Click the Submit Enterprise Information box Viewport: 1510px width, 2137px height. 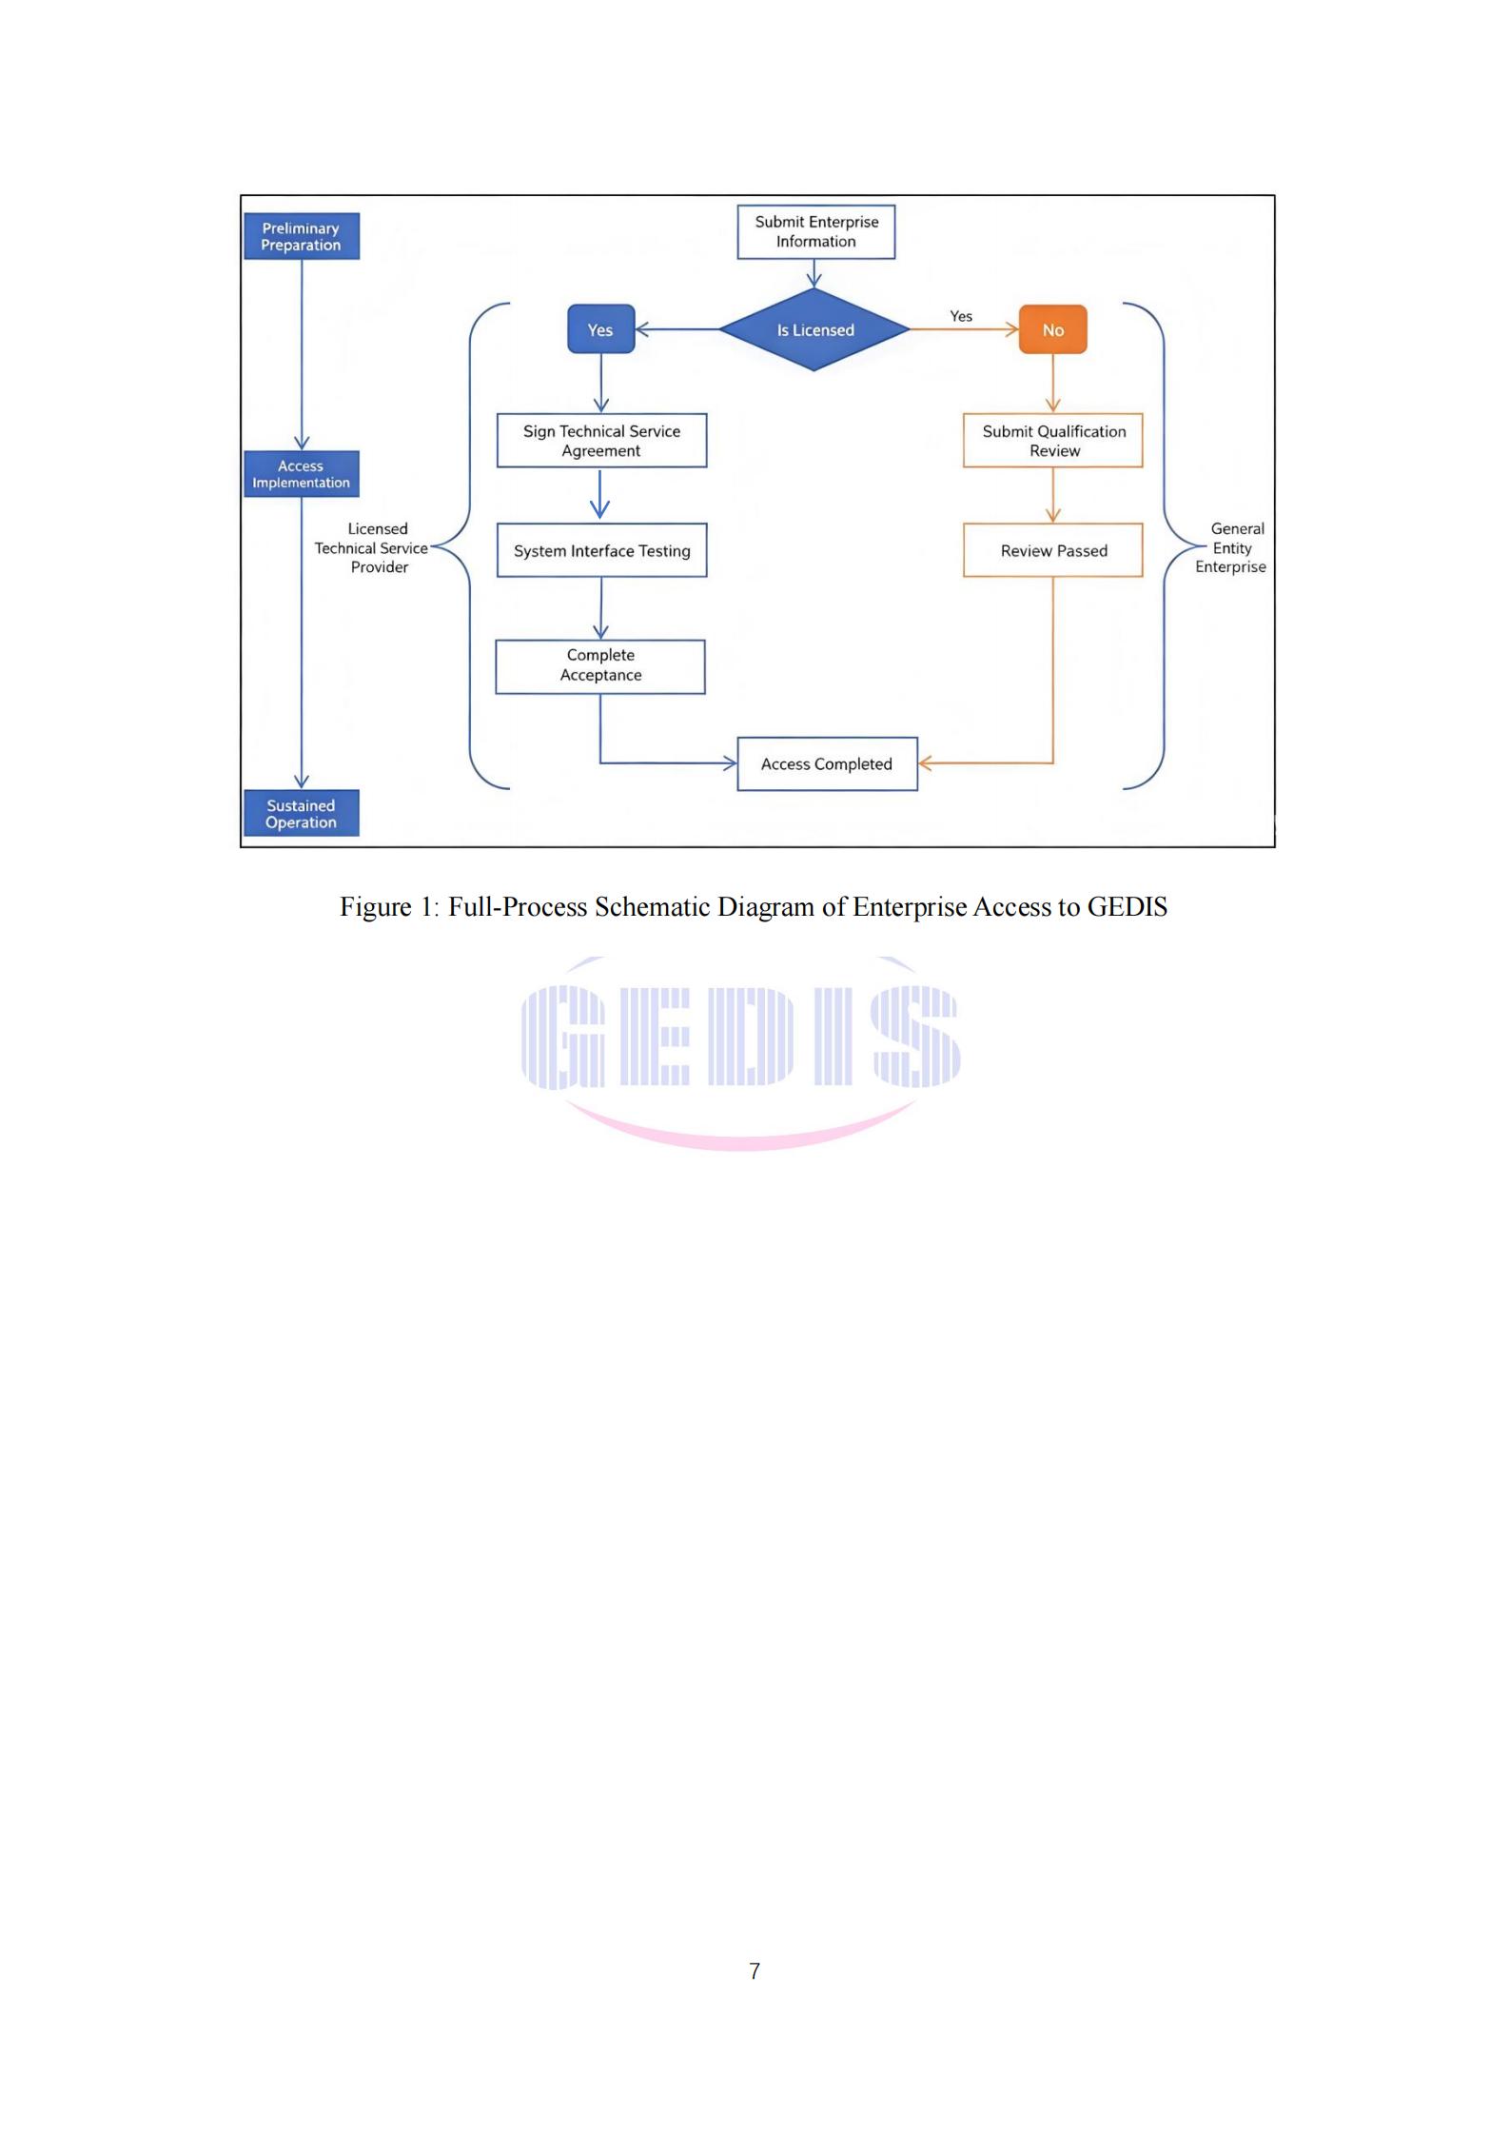815,231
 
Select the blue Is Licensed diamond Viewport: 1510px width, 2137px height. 814,329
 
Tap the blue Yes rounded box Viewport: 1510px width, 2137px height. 600,329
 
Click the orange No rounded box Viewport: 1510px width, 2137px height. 1052,329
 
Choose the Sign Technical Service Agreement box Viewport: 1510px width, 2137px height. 601,440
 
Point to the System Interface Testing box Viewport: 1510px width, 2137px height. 601,550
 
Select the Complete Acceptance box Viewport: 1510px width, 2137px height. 600,666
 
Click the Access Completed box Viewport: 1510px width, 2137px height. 827,763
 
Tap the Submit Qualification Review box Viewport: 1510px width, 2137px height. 1052,440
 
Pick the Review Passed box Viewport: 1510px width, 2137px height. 1052,550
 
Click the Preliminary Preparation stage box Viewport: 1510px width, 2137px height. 301,236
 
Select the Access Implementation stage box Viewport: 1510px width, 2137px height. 301,474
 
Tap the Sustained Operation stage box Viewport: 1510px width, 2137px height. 301,814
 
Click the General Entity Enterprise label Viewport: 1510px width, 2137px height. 1231,548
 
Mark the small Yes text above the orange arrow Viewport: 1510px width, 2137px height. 961,316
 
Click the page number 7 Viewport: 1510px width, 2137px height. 755,1970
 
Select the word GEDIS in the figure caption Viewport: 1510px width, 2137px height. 1127,906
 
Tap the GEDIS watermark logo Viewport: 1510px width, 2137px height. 740,1053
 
